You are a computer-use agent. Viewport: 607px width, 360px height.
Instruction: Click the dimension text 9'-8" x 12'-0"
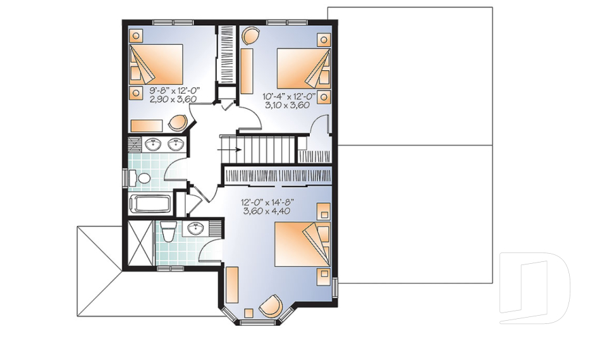point(175,90)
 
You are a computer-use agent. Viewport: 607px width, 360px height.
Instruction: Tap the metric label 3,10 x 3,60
point(287,104)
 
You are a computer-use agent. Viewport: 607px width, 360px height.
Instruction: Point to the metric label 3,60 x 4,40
point(266,211)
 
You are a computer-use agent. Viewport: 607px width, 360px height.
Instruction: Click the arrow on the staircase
point(229,149)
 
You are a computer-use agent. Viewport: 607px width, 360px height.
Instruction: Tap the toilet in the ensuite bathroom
point(168,232)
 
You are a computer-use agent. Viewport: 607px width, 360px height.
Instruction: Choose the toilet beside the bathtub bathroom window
point(139,178)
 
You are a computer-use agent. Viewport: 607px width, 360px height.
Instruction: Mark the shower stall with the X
point(139,242)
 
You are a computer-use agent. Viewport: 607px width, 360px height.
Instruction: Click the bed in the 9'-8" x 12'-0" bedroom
point(156,64)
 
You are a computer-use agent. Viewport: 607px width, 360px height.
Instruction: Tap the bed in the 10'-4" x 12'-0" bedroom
point(304,68)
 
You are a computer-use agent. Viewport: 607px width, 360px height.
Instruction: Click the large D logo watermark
point(534,288)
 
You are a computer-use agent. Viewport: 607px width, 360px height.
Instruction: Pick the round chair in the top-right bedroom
point(251,36)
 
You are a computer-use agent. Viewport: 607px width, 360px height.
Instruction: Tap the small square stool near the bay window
point(249,313)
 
